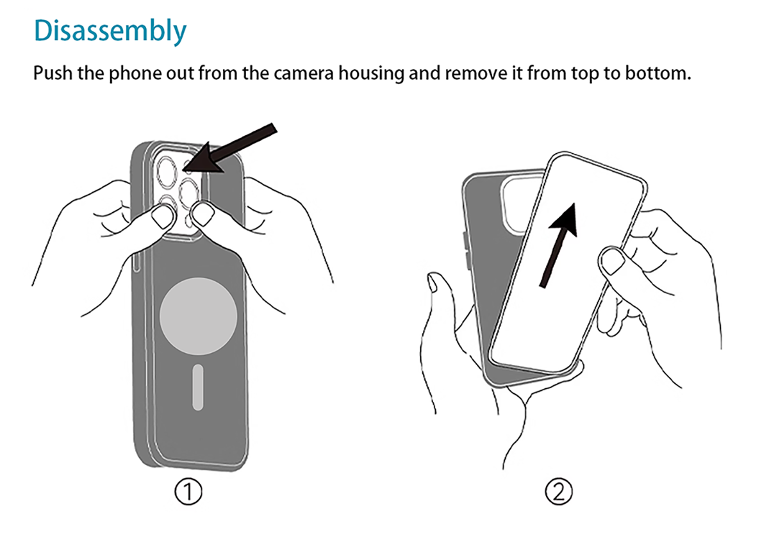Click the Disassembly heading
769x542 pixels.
(110, 31)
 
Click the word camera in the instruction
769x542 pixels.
(304, 73)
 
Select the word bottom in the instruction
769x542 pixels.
(657, 73)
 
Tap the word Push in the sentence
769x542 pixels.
(53, 73)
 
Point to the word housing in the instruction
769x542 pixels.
(372, 74)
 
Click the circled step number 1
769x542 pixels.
(188, 492)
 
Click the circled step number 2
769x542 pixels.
(559, 492)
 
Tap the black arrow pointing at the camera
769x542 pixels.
(229, 149)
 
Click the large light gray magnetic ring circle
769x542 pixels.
(199, 316)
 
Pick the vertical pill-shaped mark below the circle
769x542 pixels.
(198, 387)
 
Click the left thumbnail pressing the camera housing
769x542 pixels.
(162, 217)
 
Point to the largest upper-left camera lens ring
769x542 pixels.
(167, 172)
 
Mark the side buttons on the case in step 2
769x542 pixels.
(466, 251)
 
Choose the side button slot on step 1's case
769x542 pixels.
(136, 263)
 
